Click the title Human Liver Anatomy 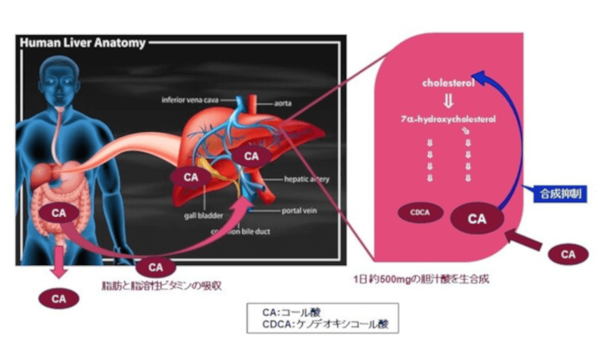(81, 42)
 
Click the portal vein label (299, 211)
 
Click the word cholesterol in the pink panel (449, 83)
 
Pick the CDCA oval (419, 214)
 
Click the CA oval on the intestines (61, 211)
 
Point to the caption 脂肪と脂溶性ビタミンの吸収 (161, 286)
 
